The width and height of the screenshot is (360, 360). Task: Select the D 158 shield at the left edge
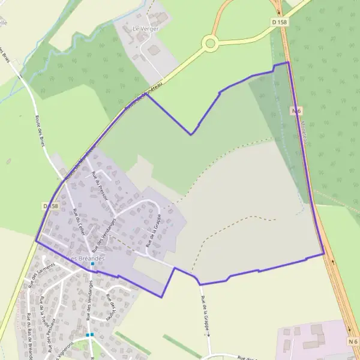[x=52, y=206]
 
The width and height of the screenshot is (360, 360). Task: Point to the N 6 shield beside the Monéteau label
[x=296, y=111]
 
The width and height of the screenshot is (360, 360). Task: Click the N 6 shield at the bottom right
[x=352, y=341]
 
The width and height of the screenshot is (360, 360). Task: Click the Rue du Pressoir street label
[x=100, y=186]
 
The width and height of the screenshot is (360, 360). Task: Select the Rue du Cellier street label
[x=78, y=224]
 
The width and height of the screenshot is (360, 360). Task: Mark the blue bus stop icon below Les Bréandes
[x=92, y=264]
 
